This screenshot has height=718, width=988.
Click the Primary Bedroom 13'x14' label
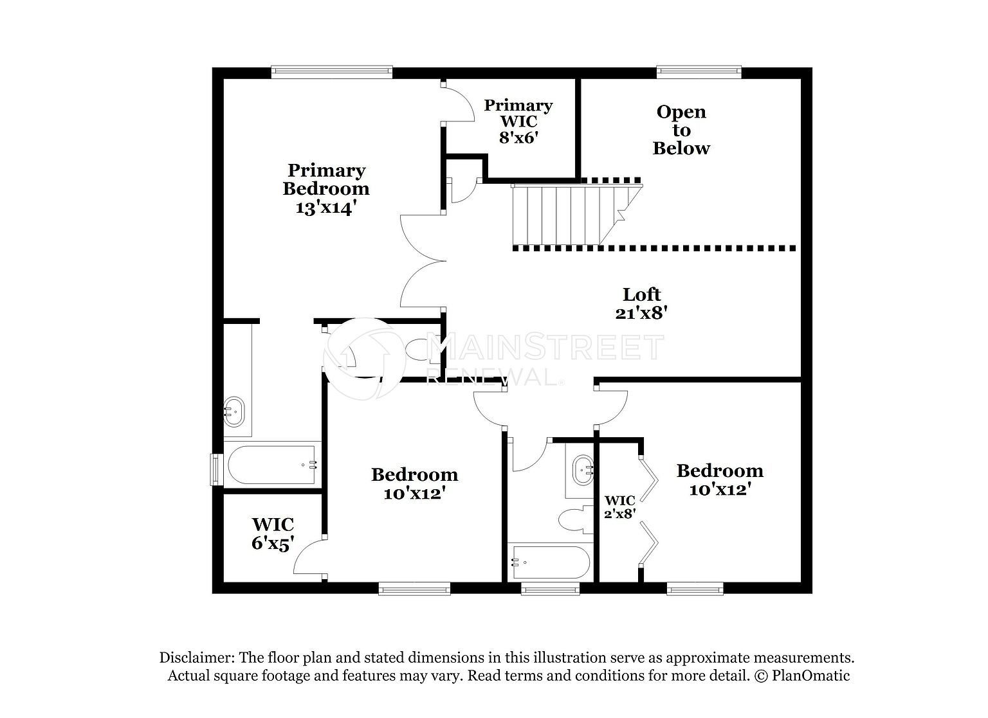pyautogui.click(x=326, y=189)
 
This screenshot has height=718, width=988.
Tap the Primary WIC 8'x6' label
pyautogui.click(x=518, y=121)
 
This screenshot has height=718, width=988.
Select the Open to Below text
pyautogui.click(x=681, y=130)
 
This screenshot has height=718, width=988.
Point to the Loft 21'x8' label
pyautogui.click(x=641, y=303)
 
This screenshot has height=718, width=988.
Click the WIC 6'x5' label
pyautogui.click(x=273, y=534)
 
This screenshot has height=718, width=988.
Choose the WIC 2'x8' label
pyautogui.click(x=619, y=507)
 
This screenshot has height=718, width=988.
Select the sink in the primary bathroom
pyautogui.click(x=233, y=411)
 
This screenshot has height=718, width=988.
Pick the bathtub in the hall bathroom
pyautogui.click(x=550, y=562)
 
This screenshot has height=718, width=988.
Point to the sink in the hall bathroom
pyautogui.click(x=583, y=470)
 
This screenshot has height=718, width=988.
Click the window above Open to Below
pyautogui.click(x=699, y=72)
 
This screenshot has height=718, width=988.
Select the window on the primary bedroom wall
pyautogui.click(x=332, y=72)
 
